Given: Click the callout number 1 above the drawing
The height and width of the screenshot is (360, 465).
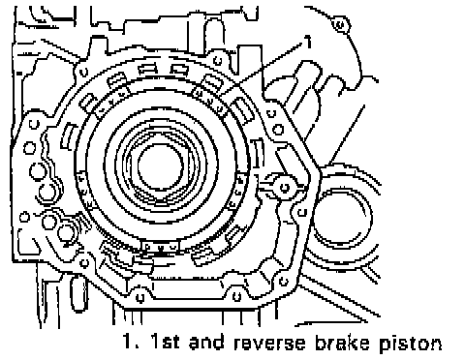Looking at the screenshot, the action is point(309,42).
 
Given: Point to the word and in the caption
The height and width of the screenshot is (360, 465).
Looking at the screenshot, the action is point(206,342).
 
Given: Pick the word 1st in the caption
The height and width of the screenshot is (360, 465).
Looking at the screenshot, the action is point(166,342).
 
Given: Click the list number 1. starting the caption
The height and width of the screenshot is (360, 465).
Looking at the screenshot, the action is point(132,342).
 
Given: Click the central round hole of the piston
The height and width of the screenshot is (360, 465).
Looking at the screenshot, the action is point(161,166).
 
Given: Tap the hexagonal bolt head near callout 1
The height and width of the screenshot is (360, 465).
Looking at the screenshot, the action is point(340,24).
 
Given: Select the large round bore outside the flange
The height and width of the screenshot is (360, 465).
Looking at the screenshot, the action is point(343,219).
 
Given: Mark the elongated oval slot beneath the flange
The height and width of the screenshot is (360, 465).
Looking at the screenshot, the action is point(77,293).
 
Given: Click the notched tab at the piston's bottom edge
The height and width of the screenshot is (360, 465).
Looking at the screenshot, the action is point(160,247).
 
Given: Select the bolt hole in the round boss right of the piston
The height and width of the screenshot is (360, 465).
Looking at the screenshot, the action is point(285,188).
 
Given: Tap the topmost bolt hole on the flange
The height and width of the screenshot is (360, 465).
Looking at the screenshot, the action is point(218,60).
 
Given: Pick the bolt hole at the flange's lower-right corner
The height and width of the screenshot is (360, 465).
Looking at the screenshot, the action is point(283,282).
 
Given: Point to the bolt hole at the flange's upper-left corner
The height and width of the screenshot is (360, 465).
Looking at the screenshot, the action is point(83,72).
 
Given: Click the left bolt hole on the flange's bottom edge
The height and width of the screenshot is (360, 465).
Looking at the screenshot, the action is point(139,297).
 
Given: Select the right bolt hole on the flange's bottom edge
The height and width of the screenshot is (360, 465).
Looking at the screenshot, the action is point(236,296).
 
